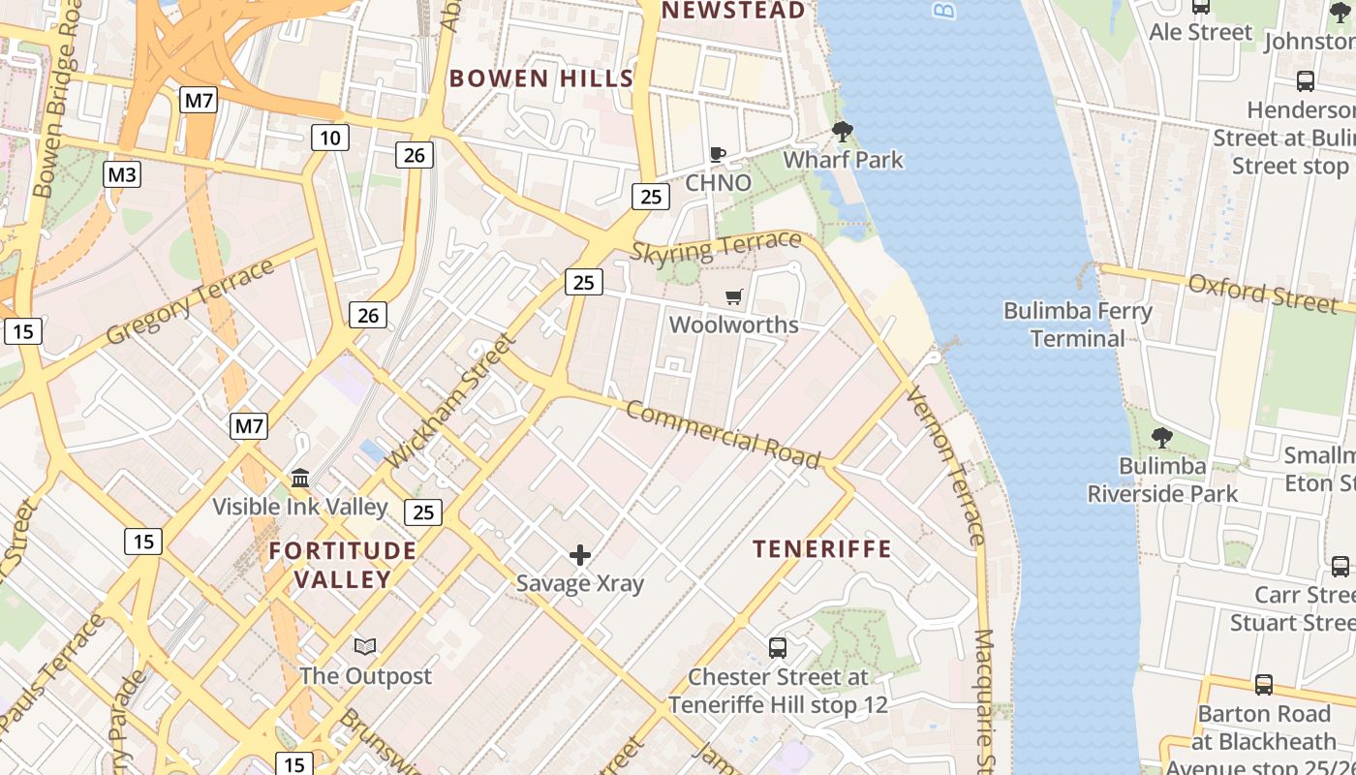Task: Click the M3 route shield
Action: point(122,174)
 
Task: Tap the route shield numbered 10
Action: point(329,138)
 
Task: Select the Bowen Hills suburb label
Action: point(541,78)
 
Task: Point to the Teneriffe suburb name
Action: point(822,549)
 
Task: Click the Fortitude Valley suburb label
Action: point(343,565)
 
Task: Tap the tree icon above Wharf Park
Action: point(843,132)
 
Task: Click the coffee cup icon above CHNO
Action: point(718,155)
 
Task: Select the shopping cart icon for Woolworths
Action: point(734,296)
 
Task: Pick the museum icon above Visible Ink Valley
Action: point(300,479)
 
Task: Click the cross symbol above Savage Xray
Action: point(580,555)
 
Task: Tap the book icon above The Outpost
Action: point(365,647)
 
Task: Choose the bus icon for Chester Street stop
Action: point(777,648)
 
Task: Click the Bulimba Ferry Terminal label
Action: point(1077,325)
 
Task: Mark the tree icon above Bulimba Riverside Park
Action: point(1161,439)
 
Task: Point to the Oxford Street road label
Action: point(1261,292)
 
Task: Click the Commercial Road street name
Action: point(723,434)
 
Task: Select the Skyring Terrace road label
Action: point(716,248)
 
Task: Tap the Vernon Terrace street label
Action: point(944,465)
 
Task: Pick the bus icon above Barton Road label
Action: point(1263,685)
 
